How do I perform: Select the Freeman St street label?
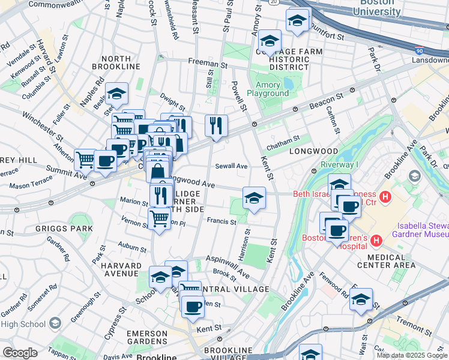click(207, 62)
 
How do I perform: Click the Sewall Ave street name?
click(231, 166)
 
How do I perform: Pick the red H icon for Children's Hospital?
click(376, 241)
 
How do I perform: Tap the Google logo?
click(19, 353)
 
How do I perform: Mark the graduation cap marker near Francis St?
click(254, 198)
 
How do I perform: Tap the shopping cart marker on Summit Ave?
click(85, 160)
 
